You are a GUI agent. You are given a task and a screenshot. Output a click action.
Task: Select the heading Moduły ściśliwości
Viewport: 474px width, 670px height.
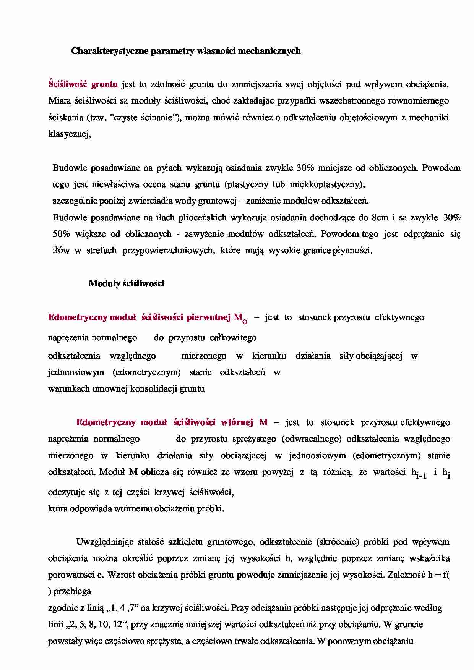(x=126, y=283)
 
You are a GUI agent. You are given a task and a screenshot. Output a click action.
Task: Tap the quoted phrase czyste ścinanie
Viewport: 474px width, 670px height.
(x=146, y=117)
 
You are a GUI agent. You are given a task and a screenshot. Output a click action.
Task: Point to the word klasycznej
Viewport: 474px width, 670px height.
(x=69, y=134)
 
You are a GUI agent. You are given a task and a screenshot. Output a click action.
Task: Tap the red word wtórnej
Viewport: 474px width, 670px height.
(x=237, y=422)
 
